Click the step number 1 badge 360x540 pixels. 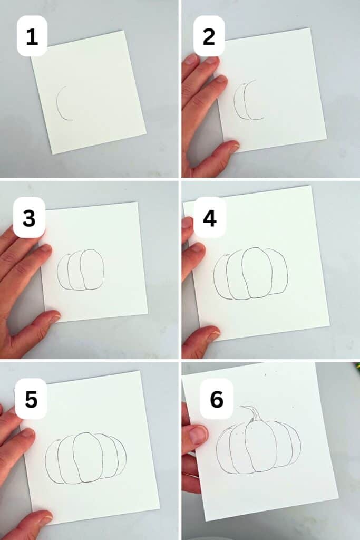pyautogui.click(x=32, y=36)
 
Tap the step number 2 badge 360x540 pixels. pyautogui.click(x=209, y=36)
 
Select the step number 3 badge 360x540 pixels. pyautogui.click(x=29, y=217)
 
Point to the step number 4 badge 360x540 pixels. pyautogui.click(x=209, y=217)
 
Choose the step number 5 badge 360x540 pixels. pyautogui.click(x=31, y=399)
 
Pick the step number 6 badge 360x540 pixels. pyautogui.click(x=217, y=399)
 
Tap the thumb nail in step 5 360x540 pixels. pyautogui.click(x=44, y=519)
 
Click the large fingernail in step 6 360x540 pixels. pyautogui.click(x=198, y=435)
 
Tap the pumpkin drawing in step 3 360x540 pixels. pyautogui.click(x=81, y=269)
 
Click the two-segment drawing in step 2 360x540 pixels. pyautogui.click(x=248, y=100)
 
